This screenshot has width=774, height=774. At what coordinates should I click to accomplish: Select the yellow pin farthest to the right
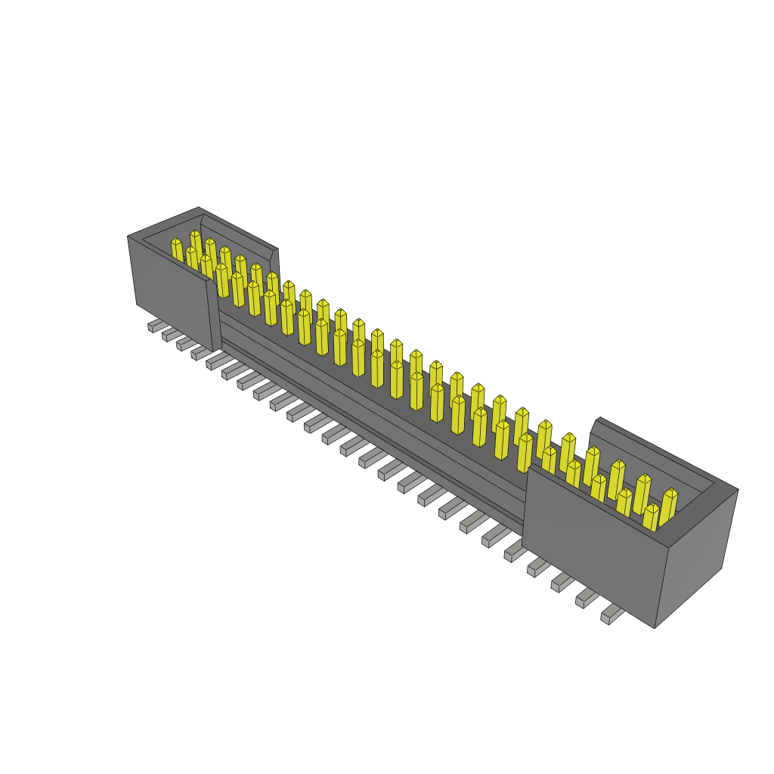tap(668, 506)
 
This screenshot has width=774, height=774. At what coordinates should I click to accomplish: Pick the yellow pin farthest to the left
tap(177, 251)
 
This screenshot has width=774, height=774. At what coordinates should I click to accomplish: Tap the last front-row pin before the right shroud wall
tap(524, 452)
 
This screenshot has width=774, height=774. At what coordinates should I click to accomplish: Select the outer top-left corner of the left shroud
tap(128, 237)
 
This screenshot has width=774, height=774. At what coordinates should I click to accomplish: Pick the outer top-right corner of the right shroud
tap(738, 490)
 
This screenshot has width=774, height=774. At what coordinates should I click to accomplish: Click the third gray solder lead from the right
tap(561, 582)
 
